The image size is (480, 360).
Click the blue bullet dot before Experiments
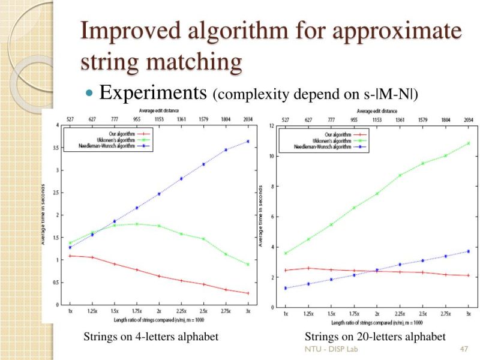pyautogui.click(x=90, y=94)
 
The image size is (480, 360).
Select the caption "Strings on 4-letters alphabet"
pyautogui.click(x=150, y=337)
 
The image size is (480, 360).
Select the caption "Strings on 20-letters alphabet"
pyautogui.click(x=375, y=337)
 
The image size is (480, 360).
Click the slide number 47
pyautogui.click(x=463, y=349)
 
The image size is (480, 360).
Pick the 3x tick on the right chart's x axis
pyautogui.click(x=467, y=313)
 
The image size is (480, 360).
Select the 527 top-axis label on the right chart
pyautogui.click(x=286, y=119)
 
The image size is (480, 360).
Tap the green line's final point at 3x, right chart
pyautogui.click(x=467, y=143)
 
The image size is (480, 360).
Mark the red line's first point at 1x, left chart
pyautogui.click(x=70, y=256)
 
